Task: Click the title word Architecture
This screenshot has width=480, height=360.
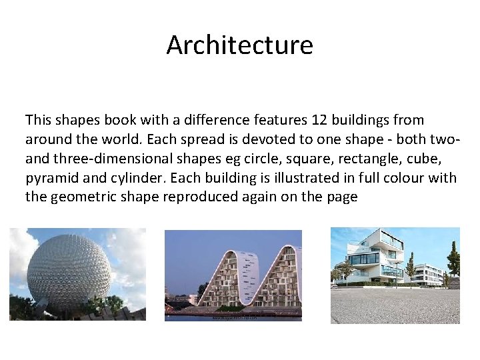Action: (239, 45)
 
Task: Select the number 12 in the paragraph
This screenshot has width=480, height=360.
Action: (319, 121)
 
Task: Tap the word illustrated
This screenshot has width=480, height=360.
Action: (299, 179)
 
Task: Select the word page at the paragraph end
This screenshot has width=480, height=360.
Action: (343, 197)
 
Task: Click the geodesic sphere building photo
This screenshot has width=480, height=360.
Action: (77, 274)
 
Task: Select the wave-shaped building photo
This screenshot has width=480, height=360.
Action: (233, 275)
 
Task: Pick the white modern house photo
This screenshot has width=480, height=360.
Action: (395, 275)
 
